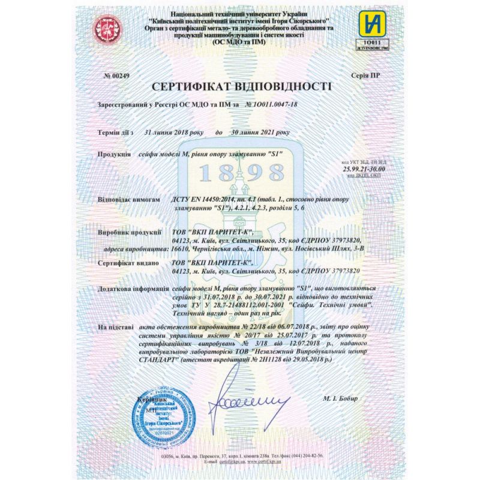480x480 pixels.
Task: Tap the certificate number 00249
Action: point(117,76)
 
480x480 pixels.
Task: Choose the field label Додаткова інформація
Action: point(130,289)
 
